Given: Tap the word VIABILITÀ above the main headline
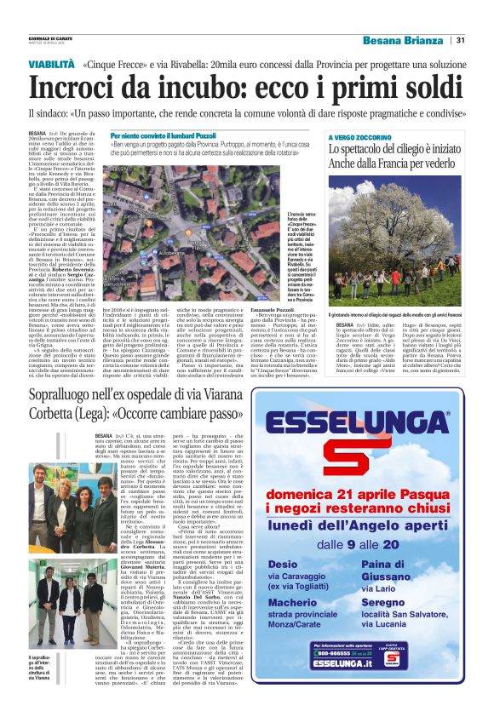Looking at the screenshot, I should tap(57, 64).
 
